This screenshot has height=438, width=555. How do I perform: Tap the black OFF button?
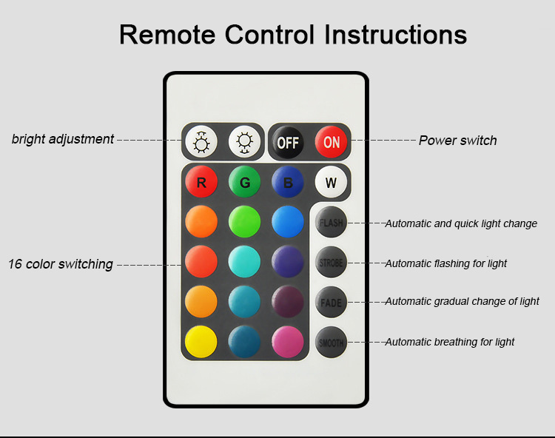tap(288, 143)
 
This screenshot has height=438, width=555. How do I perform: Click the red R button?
tap(201, 182)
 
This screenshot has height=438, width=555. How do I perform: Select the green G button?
tap(244, 182)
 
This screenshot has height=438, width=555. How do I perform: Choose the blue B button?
tap(288, 182)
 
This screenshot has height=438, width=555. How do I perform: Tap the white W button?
tap(331, 182)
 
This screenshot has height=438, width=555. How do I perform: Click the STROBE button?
tap(331, 262)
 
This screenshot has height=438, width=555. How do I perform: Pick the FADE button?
tap(331, 302)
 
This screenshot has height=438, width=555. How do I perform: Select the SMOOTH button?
tap(331, 342)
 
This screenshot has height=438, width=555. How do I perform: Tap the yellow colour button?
tap(201, 342)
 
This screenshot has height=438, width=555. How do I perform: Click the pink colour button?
tap(288, 342)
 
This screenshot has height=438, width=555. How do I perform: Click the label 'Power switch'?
tap(457, 141)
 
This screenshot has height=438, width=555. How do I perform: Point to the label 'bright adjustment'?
tap(63, 139)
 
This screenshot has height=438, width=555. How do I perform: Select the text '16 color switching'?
tap(61, 264)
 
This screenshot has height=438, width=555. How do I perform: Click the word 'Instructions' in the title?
tap(395, 35)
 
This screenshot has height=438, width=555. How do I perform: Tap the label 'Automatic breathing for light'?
tap(449, 342)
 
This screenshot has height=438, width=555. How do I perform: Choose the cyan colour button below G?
tap(244, 262)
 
